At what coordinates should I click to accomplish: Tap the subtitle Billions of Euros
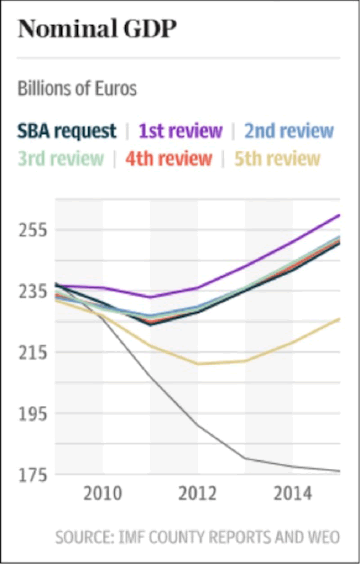pos(77,89)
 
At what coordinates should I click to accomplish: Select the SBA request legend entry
pos(67,130)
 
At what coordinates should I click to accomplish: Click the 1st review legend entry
pos(181,130)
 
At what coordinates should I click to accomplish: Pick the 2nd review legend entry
pos(289,130)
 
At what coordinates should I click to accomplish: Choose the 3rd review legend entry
pos(61,158)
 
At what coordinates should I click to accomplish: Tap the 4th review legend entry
pos(169,158)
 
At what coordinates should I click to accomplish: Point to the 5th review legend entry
pos(277,158)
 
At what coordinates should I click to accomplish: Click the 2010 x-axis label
pos(103,494)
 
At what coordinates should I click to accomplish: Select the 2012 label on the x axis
pos(198,494)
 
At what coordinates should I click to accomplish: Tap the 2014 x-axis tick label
pos(293,494)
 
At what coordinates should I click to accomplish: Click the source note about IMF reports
pos(198,537)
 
